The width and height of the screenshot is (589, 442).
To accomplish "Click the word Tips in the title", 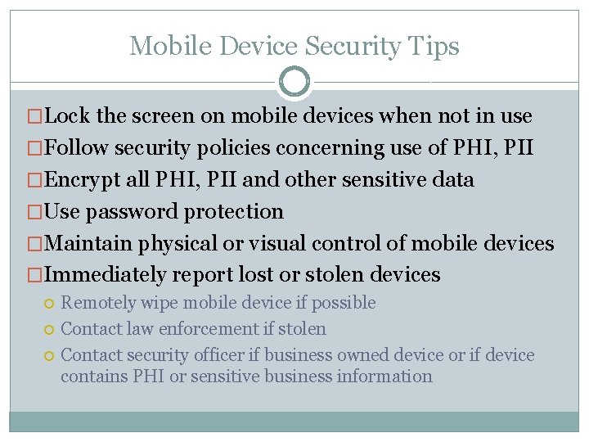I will (x=437, y=46).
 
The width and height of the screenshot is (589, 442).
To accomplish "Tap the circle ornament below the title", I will (x=294, y=82).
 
